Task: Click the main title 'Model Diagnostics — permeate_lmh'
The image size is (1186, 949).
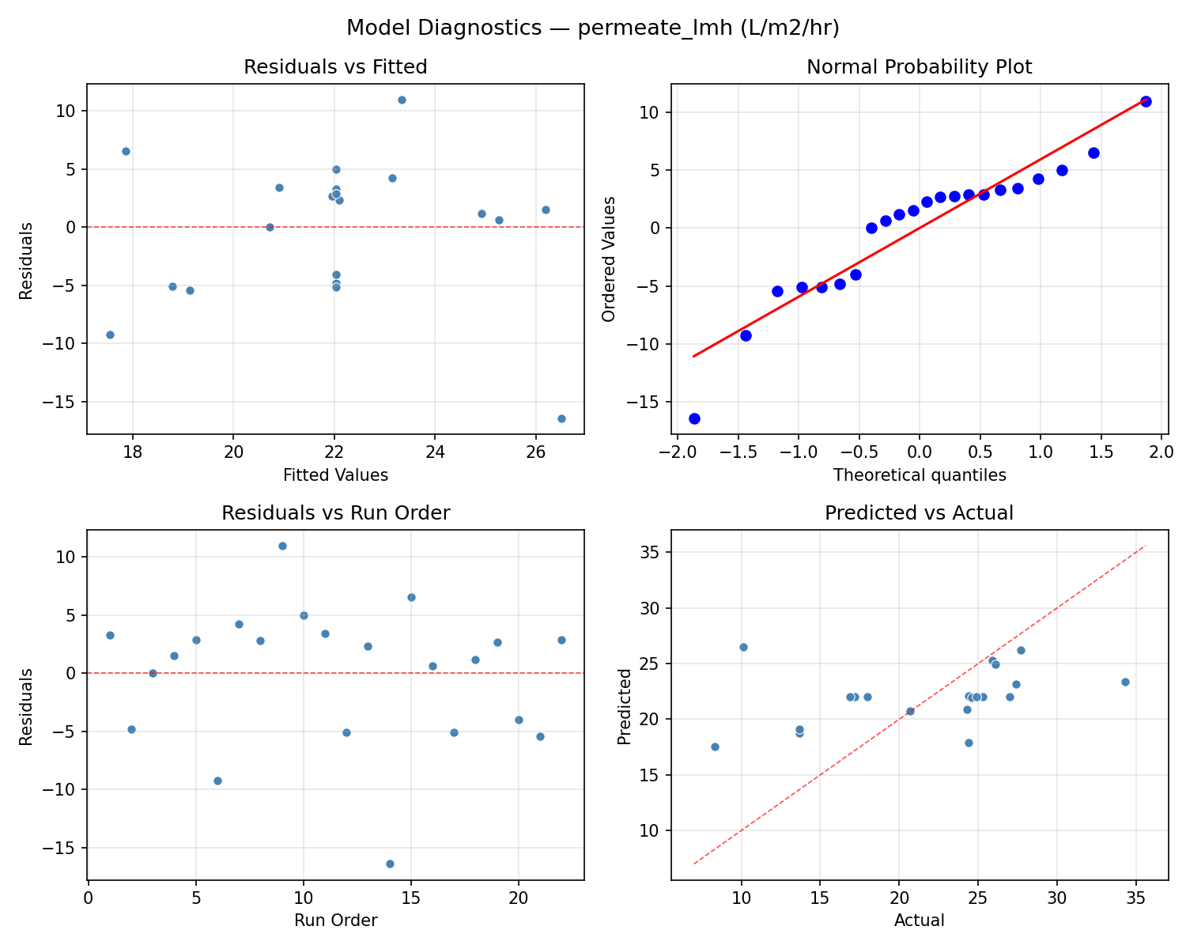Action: pyautogui.click(x=592, y=28)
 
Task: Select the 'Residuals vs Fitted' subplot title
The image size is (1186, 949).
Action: pyautogui.click(x=335, y=67)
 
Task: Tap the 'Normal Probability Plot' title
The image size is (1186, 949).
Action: pyautogui.click(x=919, y=67)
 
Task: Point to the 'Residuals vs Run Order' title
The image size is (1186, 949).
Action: pyautogui.click(x=335, y=513)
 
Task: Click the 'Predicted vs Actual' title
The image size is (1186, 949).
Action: pyautogui.click(x=919, y=513)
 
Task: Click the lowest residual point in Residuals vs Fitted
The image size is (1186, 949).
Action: pyautogui.click(x=561, y=418)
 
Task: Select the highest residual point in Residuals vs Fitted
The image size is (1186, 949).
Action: pyautogui.click(x=402, y=100)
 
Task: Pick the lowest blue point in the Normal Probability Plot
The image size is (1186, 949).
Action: pyautogui.click(x=694, y=418)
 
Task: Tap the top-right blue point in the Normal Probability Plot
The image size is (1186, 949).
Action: pyautogui.click(x=1146, y=101)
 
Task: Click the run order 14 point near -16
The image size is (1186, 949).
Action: pyautogui.click(x=390, y=864)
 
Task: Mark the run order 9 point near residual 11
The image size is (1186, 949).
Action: pyautogui.click(x=282, y=546)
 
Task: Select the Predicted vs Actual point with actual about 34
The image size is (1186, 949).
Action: pyautogui.click(x=1125, y=682)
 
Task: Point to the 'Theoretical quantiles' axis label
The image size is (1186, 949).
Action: pyautogui.click(x=919, y=475)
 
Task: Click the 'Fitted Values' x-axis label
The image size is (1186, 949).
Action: pyautogui.click(x=335, y=475)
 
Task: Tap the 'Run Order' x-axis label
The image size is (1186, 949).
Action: pyautogui.click(x=335, y=921)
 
